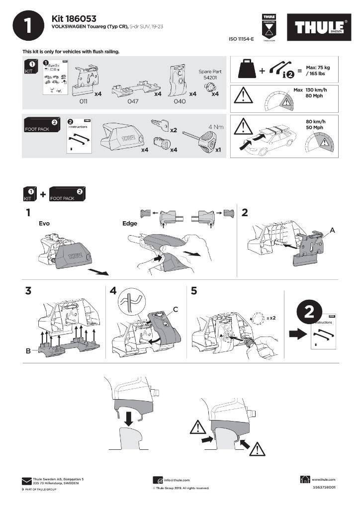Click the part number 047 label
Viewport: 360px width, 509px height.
[132, 101]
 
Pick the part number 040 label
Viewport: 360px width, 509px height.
[180, 101]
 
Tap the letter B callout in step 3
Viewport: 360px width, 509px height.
[28, 351]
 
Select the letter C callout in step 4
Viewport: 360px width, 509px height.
[176, 310]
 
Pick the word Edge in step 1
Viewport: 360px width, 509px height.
[130, 224]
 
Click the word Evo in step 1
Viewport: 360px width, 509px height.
[44, 224]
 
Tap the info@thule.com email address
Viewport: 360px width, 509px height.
[177, 480]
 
